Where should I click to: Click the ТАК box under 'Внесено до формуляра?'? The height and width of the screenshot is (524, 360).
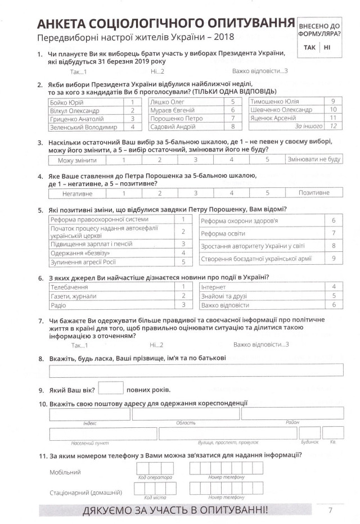(x=309, y=47)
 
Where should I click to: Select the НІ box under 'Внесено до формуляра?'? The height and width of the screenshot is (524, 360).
(x=327, y=47)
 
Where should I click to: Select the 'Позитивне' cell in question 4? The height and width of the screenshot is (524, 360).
(x=314, y=193)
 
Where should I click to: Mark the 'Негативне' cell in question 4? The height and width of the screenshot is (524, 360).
(x=78, y=193)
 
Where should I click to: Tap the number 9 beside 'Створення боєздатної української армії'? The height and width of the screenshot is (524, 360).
(x=334, y=258)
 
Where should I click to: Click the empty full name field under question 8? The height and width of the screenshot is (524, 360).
(x=196, y=370)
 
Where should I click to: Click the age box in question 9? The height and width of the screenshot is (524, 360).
(x=110, y=389)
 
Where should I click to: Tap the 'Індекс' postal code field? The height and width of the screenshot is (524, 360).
(x=90, y=414)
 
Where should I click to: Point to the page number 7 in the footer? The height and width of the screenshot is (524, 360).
(x=331, y=511)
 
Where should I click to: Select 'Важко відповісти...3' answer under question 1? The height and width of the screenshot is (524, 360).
(x=260, y=71)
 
